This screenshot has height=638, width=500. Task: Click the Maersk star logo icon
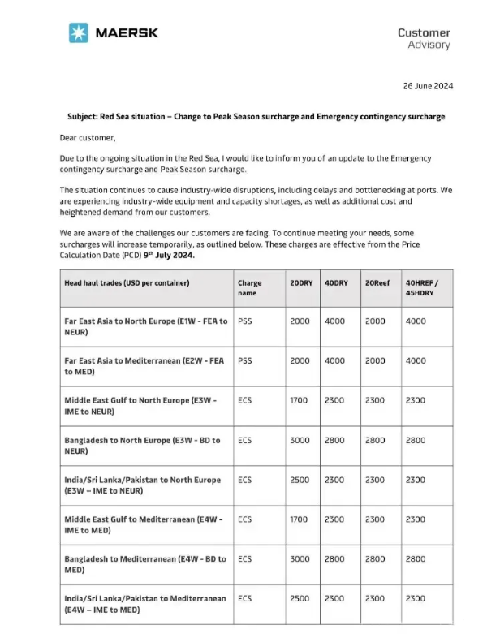coord(79,33)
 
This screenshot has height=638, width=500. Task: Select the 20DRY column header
coord(300,283)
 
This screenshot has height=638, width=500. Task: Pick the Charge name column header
coord(250,288)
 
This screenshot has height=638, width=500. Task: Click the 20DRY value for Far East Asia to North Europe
coord(300,321)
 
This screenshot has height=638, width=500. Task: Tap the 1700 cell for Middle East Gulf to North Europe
coord(300,400)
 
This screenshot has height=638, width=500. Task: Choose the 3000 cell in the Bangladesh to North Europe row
coord(300,440)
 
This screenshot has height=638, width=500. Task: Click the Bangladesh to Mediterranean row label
coord(144,564)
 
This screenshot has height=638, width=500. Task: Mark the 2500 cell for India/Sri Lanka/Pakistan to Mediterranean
coord(300,599)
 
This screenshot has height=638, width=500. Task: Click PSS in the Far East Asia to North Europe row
coord(245,321)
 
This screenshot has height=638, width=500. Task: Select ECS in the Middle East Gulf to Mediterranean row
coord(245,519)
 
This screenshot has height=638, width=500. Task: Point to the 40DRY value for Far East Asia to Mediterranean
coord(334,360)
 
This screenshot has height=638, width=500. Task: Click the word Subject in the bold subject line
coord(84,117)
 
